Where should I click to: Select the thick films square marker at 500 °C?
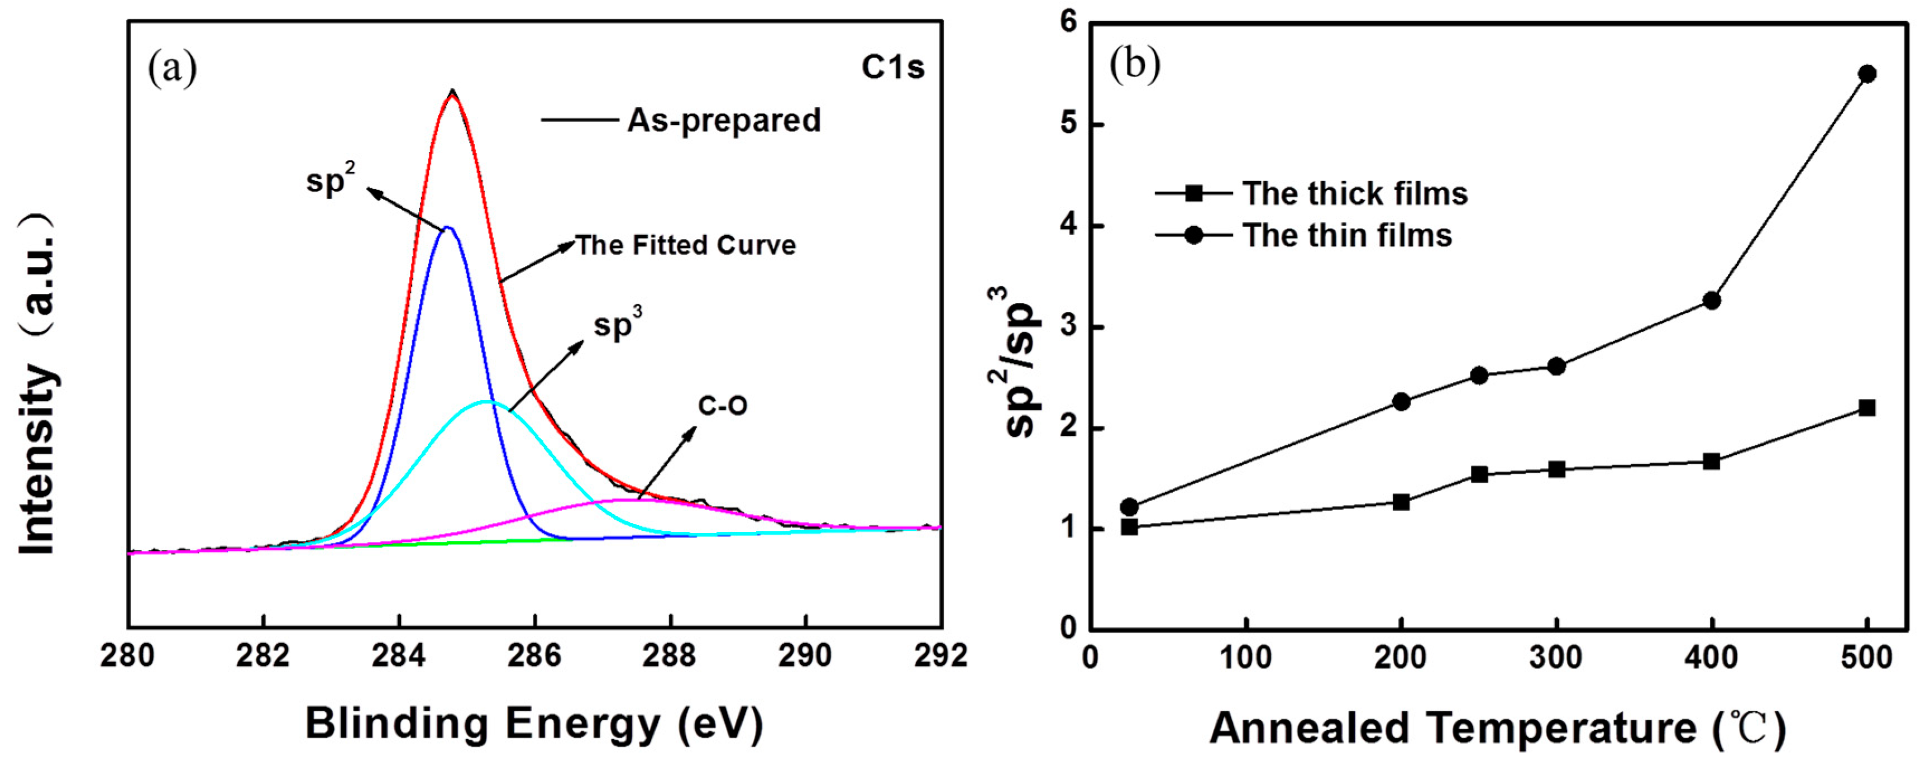pyautogui.click(x=1867, y=408)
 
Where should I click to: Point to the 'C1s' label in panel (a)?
pyautogui.click(x=892, y=68)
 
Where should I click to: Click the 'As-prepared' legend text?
pyautogui.click(x=723, y=121)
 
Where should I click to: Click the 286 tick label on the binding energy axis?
pyautogui.click(x=534, y=656)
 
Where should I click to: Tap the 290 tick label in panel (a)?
pyautogui.click(x=805, y=656)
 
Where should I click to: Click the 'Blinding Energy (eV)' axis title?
pyautogui.click(x=534, y=724)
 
